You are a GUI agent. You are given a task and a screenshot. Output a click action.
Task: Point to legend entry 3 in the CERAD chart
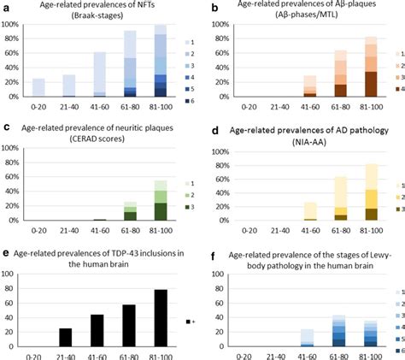(x=190, y=207)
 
